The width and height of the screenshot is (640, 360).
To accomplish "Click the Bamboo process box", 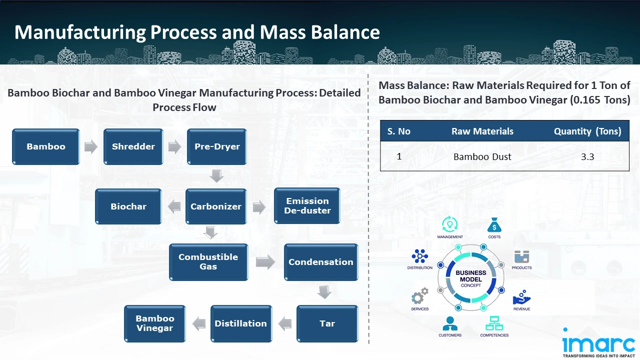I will tap(46, 147).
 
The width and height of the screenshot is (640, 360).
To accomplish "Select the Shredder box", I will tap(133, 147).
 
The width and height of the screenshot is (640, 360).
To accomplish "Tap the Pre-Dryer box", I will tap(217, 147).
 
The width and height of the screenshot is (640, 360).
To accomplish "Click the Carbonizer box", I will tap(216, 206).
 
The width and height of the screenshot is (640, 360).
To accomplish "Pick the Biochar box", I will tap(128, 206).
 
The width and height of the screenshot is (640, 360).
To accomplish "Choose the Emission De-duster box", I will tap(307, 206).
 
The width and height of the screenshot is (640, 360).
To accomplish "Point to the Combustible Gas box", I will tap(208, 262).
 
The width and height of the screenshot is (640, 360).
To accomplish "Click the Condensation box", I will tap(321, 262).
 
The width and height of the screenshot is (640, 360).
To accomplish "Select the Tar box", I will tap(327, 323).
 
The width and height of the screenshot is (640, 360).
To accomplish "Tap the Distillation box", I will tap(241, 323).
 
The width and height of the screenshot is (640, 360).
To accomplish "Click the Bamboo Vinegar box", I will tap(155, 323).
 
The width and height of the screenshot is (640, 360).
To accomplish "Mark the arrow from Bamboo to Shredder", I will tap(91, 147).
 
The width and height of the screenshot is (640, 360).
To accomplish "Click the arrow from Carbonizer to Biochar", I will tap(173, 206).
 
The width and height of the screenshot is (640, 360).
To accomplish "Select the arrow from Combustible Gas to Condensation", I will tap(265, 262).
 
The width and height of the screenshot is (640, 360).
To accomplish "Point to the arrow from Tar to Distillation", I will tap(285, 323).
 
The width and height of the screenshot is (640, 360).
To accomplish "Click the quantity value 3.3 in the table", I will tap(587, 157).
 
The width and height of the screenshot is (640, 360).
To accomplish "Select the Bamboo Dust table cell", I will tap(482, 157).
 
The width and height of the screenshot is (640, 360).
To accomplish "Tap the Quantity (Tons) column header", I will tap(587, 131).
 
